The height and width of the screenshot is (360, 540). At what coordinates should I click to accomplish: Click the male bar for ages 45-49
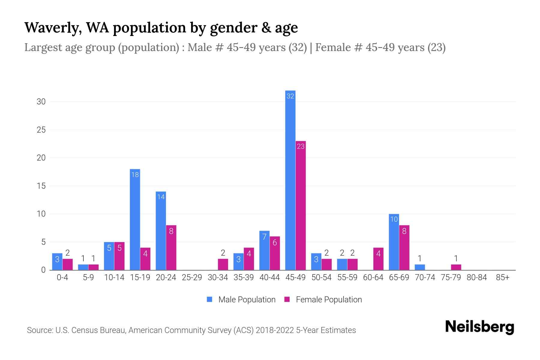pos(290,180)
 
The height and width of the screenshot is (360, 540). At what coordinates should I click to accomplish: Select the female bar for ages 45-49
pos(301,205)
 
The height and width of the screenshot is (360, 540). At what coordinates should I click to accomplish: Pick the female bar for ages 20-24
pos(171,247)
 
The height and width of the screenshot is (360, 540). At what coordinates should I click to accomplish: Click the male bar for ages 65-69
pos(394,242)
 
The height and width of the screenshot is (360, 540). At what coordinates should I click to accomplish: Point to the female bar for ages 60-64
pos(378,259)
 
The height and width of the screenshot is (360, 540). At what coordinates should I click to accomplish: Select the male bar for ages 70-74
pos(420,267)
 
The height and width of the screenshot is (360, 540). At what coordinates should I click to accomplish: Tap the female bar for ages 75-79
pos(456,267)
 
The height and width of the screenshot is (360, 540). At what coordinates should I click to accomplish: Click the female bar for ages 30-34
pos(223,264)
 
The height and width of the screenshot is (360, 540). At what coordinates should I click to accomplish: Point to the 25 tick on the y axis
pos(41,130)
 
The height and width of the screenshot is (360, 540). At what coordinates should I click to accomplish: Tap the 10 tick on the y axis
pos(41,214)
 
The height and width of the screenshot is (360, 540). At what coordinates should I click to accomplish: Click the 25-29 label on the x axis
pos(192,277)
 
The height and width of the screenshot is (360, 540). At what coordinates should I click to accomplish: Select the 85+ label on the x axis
pos(502,277)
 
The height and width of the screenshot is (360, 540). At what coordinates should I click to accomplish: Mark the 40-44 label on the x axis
pos(269,277)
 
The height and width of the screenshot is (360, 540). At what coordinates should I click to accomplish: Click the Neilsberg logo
pos(479,327)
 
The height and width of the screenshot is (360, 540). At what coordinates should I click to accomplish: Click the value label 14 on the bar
pos(161,197)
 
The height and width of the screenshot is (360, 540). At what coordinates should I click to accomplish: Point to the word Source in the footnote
pos(40,330)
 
